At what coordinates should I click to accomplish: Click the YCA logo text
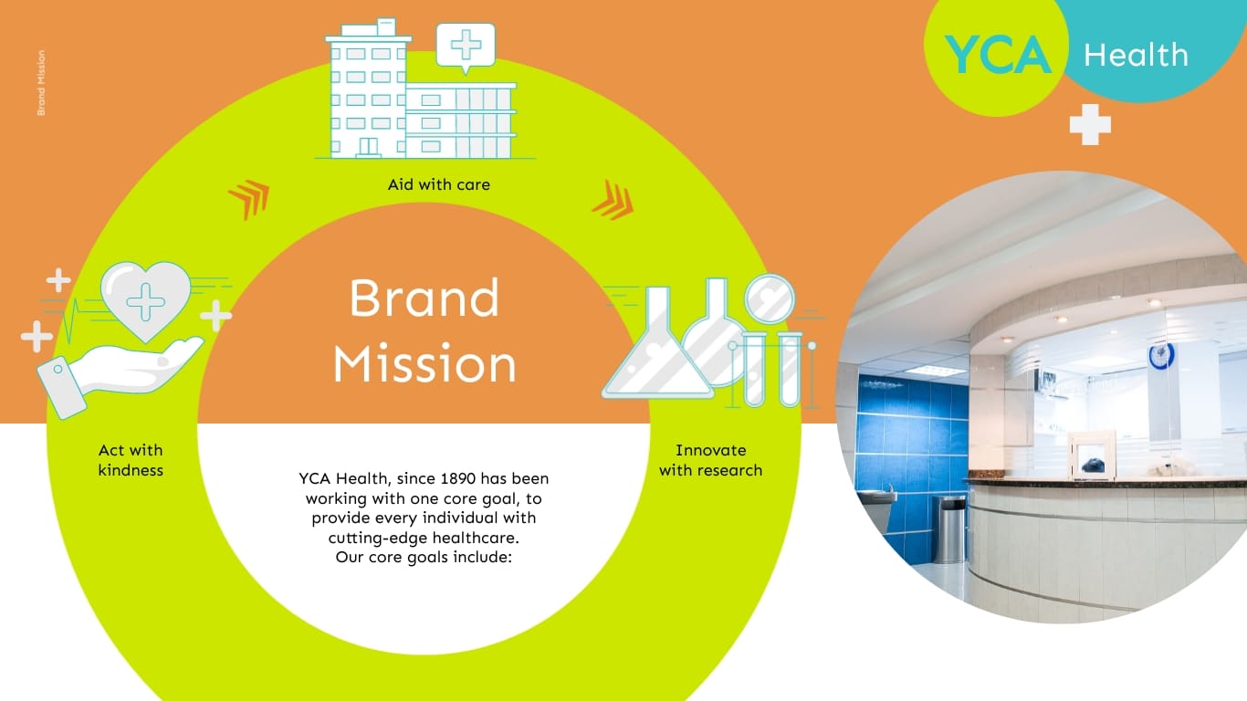(996, 55)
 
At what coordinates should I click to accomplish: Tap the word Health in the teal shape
(1136, 56)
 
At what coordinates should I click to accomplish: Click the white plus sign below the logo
(1090, 124)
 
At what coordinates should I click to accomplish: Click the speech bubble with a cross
(466, 45)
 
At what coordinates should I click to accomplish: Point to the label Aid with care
(438, 184)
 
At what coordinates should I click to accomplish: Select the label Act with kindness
(131, 460)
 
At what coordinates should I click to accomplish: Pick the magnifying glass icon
(770, 298)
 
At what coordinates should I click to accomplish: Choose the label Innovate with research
(710, 460)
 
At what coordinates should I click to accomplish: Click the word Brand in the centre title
(424, 298)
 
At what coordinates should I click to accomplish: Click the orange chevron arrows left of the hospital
(248, 199)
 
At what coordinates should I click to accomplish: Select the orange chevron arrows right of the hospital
(613, 199)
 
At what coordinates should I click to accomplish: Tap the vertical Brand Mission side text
(41, 82)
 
